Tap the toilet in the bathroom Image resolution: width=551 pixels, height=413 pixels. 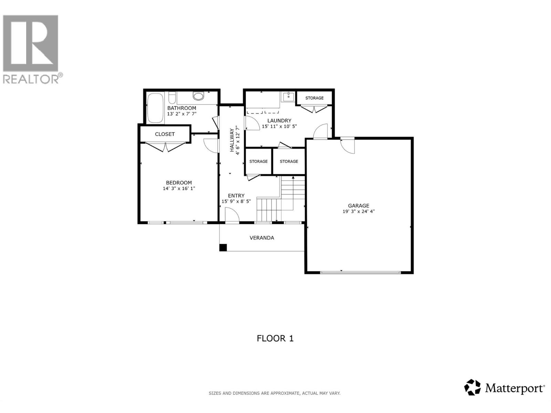198,96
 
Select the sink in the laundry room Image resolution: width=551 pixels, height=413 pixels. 288,97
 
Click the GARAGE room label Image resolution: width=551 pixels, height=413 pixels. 358,205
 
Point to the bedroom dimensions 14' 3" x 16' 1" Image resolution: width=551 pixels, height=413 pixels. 179,189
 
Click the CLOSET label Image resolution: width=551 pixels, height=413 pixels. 165,134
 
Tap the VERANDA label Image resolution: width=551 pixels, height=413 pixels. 262,238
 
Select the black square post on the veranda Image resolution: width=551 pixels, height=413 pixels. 223,247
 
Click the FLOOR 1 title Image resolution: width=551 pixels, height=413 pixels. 275,338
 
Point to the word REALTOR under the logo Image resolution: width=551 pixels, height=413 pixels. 31,79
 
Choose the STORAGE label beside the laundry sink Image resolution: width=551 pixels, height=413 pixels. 314,98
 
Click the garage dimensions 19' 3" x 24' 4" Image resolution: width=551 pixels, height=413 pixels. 358,212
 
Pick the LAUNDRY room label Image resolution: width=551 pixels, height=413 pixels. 279,120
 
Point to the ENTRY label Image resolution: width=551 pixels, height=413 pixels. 236,195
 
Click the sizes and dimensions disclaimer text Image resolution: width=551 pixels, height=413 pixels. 274,393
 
